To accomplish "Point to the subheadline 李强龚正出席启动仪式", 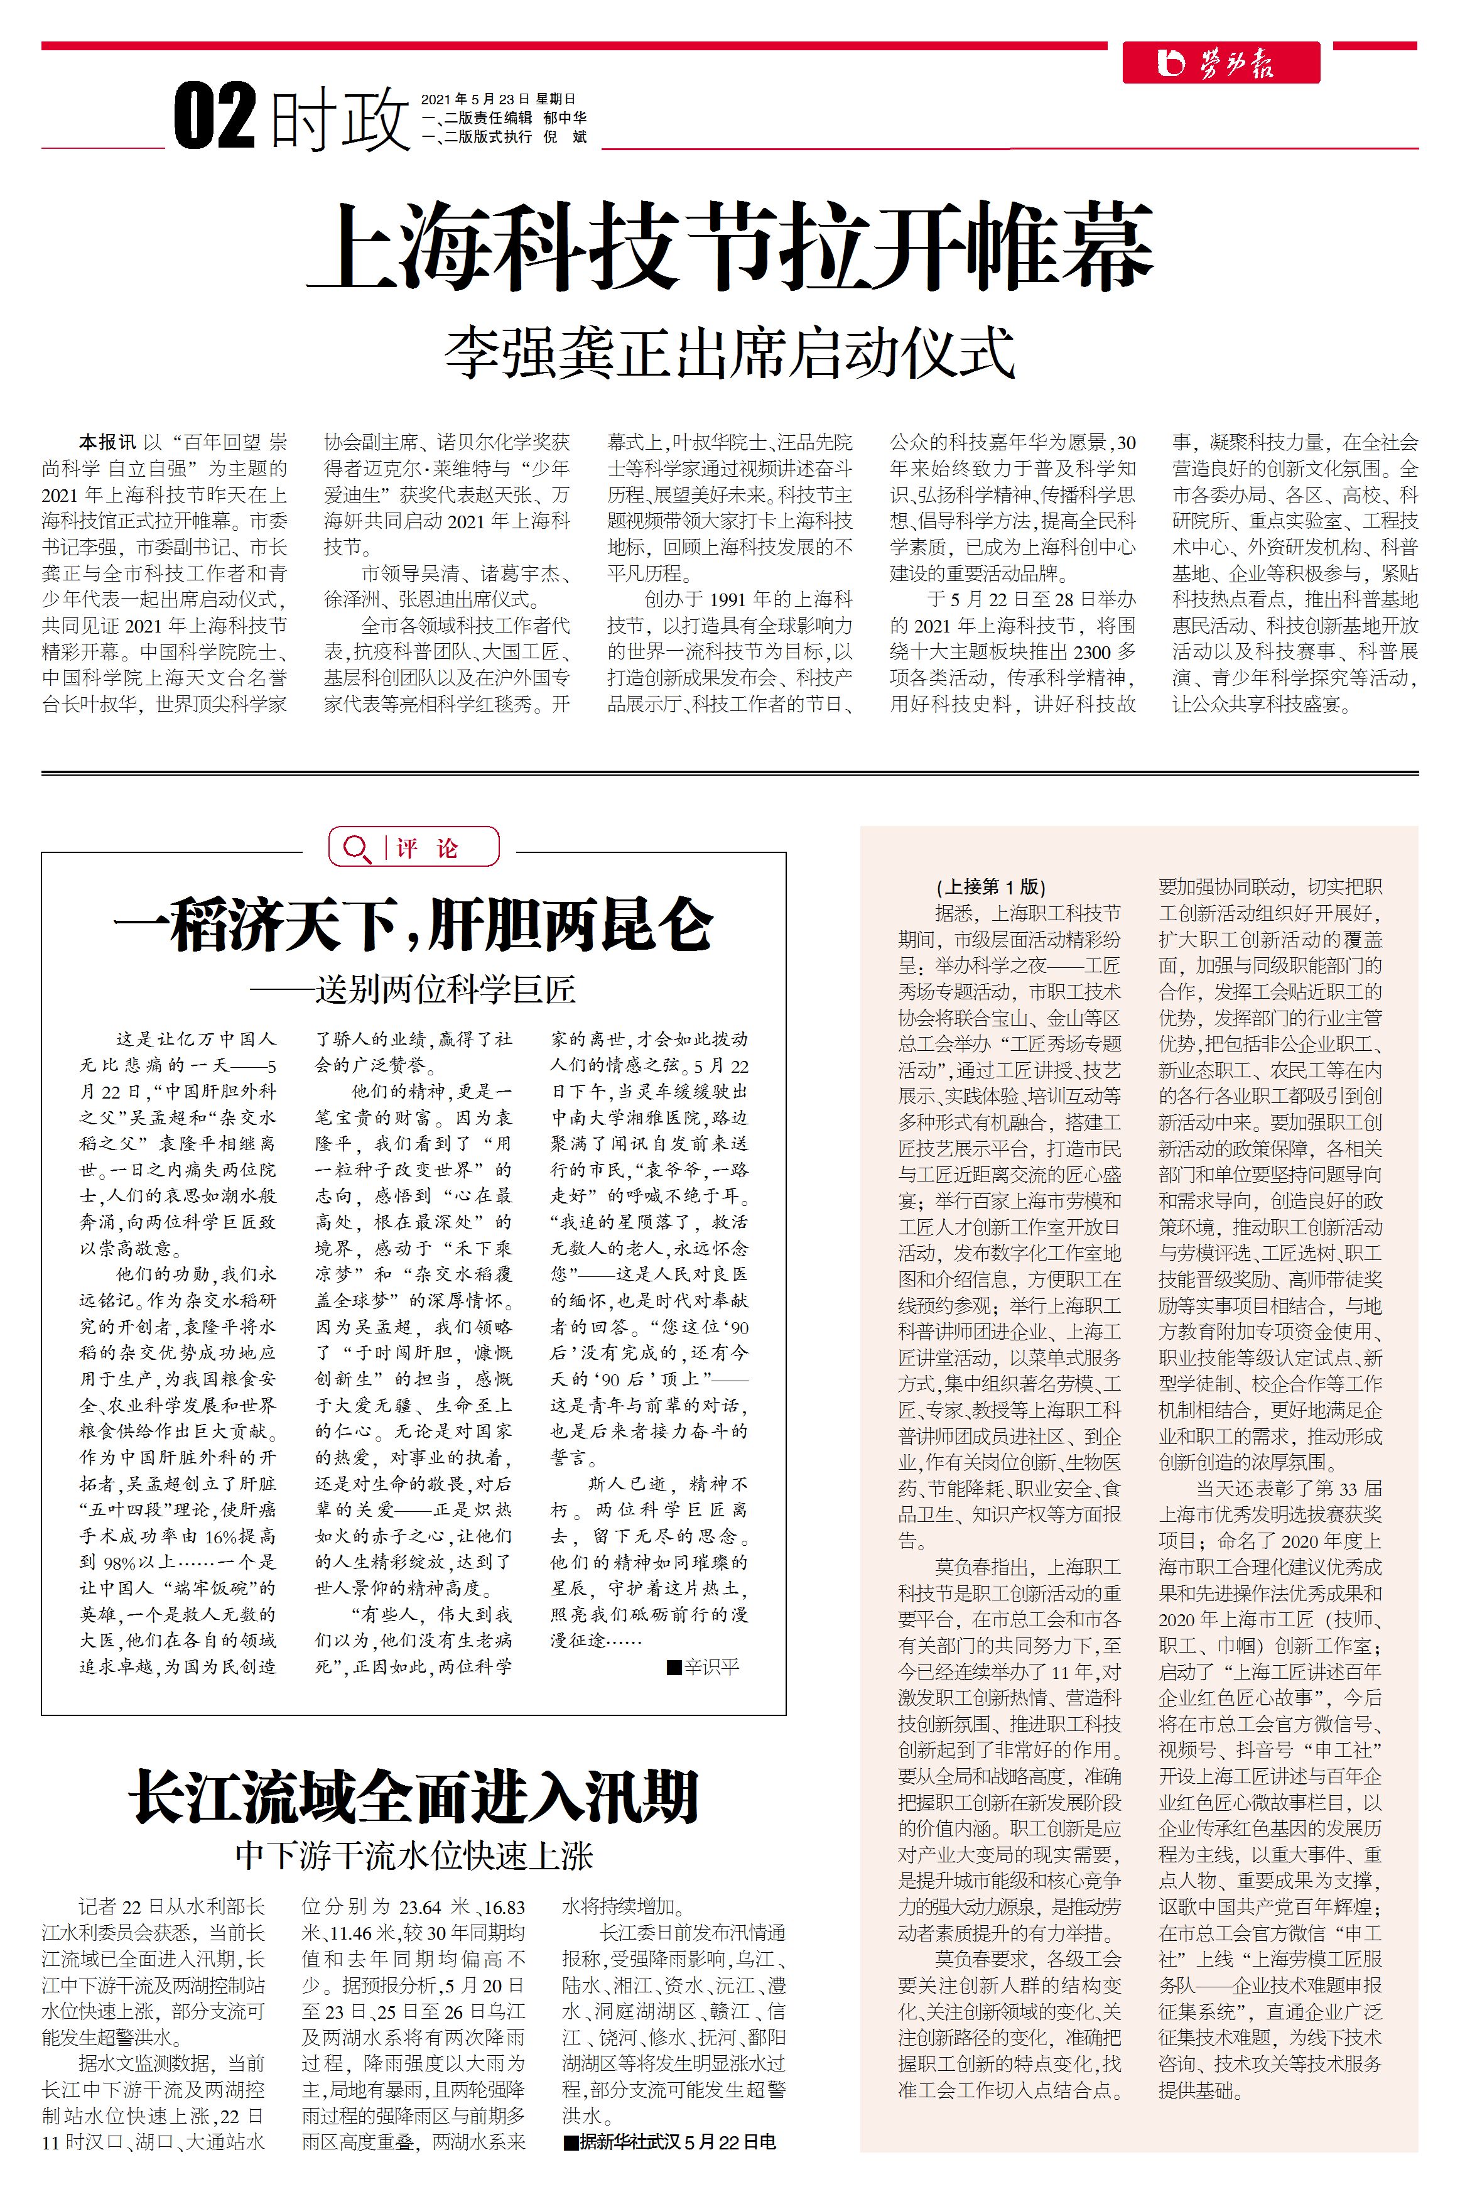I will point(728,353).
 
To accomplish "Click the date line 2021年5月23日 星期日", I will point(498,99).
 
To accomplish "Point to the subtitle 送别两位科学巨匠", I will point(445,989).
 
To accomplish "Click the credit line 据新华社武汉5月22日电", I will point(678,2141).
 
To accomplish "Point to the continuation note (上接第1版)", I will point(991,886).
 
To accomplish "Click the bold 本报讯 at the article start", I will point(107,442).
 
